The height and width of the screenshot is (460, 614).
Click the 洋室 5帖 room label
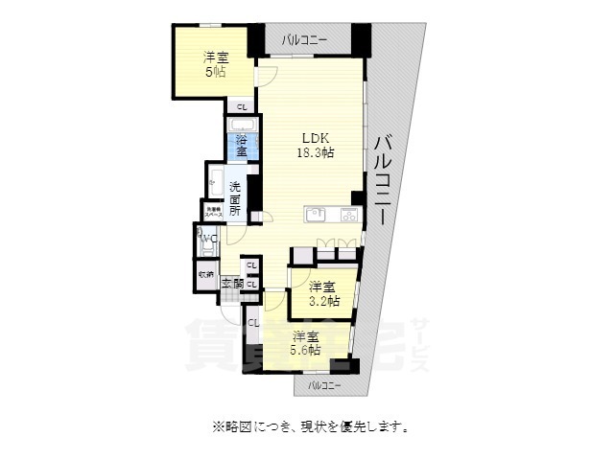215,64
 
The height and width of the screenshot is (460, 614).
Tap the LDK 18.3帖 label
313,145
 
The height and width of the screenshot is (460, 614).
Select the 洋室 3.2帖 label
323,293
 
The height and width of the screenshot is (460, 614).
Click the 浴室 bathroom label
242,147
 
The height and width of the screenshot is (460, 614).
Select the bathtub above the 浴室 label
242,126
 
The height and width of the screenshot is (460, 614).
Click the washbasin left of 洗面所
215,182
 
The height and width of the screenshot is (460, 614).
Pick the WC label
207,240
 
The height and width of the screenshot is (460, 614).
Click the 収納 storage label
206,275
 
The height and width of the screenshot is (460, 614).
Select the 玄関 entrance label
232,283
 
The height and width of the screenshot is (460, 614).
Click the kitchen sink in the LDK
317,214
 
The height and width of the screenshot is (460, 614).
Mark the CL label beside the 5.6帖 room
253,323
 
